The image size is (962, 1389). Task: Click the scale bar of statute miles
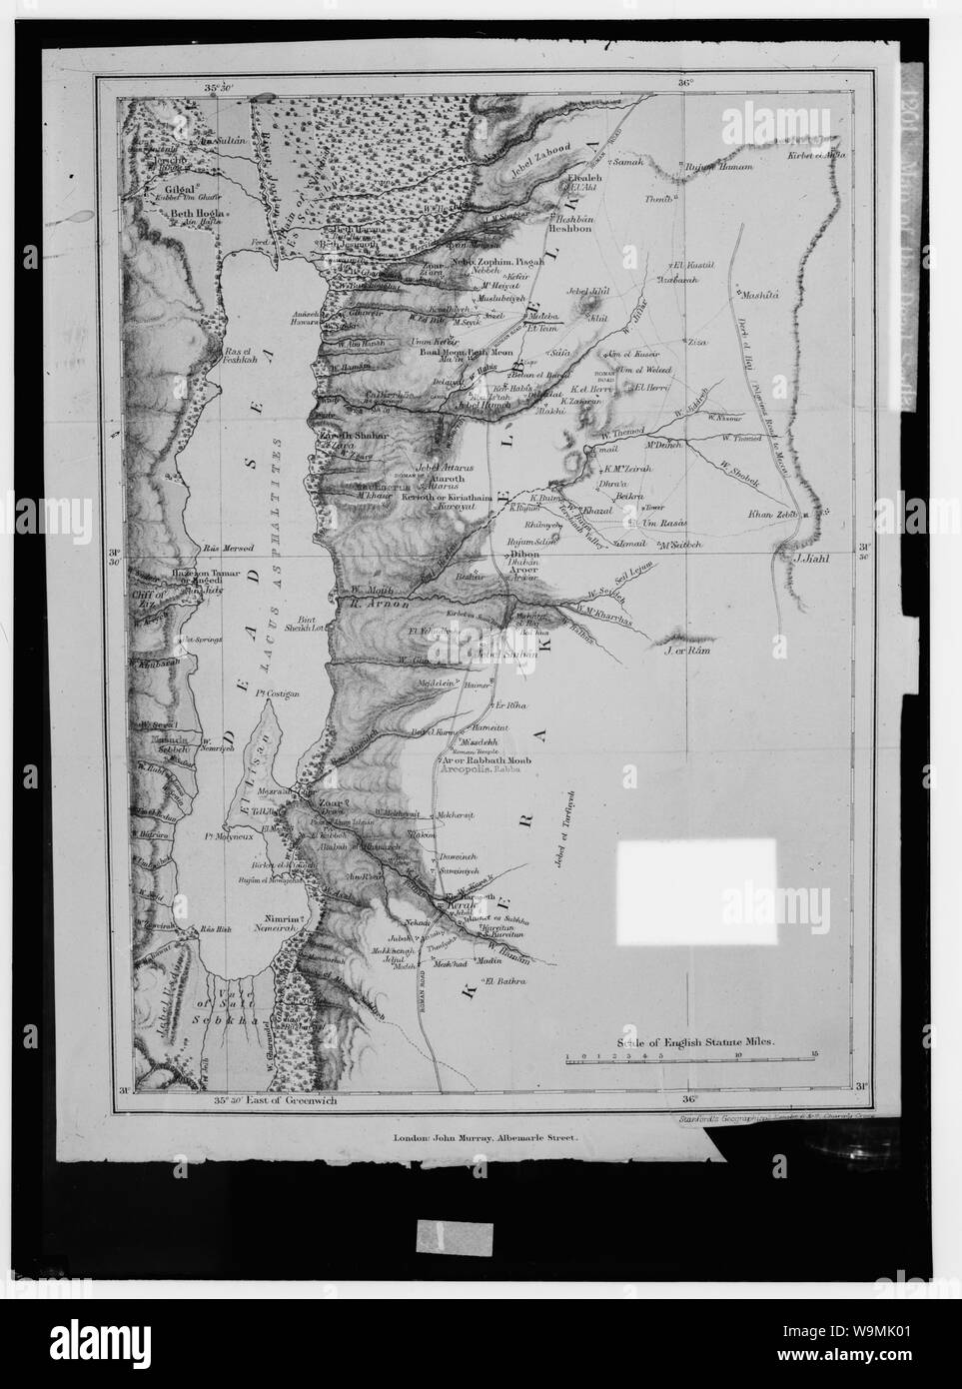(689, 1058)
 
